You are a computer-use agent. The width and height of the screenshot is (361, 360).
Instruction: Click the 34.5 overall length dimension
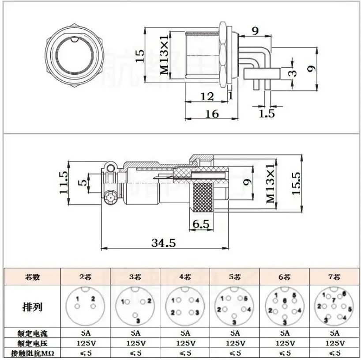click(164, 243)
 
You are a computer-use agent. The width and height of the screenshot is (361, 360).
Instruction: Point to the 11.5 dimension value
click(65, 182)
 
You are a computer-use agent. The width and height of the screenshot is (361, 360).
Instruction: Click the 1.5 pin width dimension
click(267, 114)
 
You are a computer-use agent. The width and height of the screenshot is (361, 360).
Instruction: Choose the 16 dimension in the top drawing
click(212, 114)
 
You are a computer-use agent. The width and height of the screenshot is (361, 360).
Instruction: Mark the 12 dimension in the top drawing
click(207, 96)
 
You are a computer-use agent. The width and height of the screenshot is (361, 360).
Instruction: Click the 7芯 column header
click(335, 277)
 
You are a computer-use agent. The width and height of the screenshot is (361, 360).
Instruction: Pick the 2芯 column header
click(85, 277)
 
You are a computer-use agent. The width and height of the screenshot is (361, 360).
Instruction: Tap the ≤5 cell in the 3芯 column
click(135, 352)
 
